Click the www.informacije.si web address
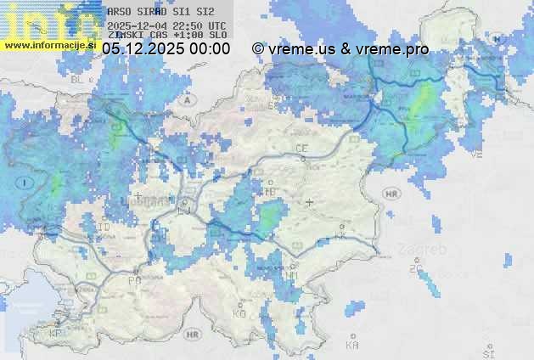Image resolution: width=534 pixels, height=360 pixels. (49, 44)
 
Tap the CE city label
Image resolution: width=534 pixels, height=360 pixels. (301, 149)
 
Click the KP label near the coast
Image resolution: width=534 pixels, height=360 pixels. (56, 334)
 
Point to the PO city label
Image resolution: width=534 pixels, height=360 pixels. (133, 280)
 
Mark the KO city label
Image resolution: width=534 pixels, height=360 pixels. (239, 314)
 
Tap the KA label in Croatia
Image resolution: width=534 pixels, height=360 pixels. (352, 346)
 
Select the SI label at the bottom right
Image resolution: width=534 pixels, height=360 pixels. (487, 352)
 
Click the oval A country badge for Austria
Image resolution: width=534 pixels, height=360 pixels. (186, 98)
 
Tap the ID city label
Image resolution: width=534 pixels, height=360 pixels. (104, 228)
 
